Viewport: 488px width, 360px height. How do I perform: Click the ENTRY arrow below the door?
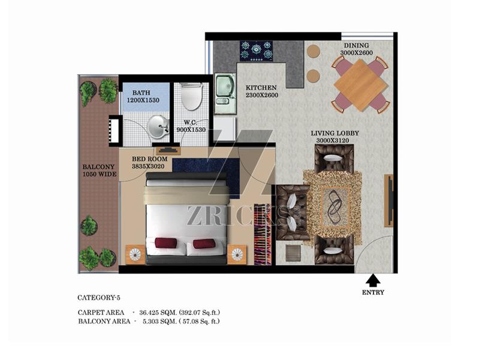click(x=372, y=281)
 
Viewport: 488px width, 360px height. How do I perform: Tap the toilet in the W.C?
click(x=191, y=96)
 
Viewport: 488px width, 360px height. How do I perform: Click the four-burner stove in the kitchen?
click(x=256, y=51)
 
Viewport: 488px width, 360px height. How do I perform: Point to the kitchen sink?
click(x=225, y=94)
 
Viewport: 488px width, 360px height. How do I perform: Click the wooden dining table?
click(x=361, y=85)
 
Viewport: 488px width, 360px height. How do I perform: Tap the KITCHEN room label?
click(x=261, y=88)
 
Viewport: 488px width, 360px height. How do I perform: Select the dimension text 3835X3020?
click(x=148, y=166)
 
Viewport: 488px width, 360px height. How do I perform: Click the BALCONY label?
click(x=98, y=167)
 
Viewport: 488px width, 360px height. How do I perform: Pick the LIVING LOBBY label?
click(x=335, y=133)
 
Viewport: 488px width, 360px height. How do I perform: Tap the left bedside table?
click(x=135, y=254)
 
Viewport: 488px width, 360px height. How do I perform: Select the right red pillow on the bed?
click(x=204, y=244)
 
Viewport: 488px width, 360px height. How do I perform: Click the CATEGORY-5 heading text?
click(x=99, y=298)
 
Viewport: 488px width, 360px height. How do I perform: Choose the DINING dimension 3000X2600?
click(x=356, y=53)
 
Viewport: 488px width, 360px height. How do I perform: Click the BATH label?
click(x=141, y=93)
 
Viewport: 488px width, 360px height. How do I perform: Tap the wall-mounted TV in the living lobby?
click(x=388, y=201)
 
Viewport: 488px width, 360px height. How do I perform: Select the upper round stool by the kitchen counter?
click(x=314, y=51)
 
